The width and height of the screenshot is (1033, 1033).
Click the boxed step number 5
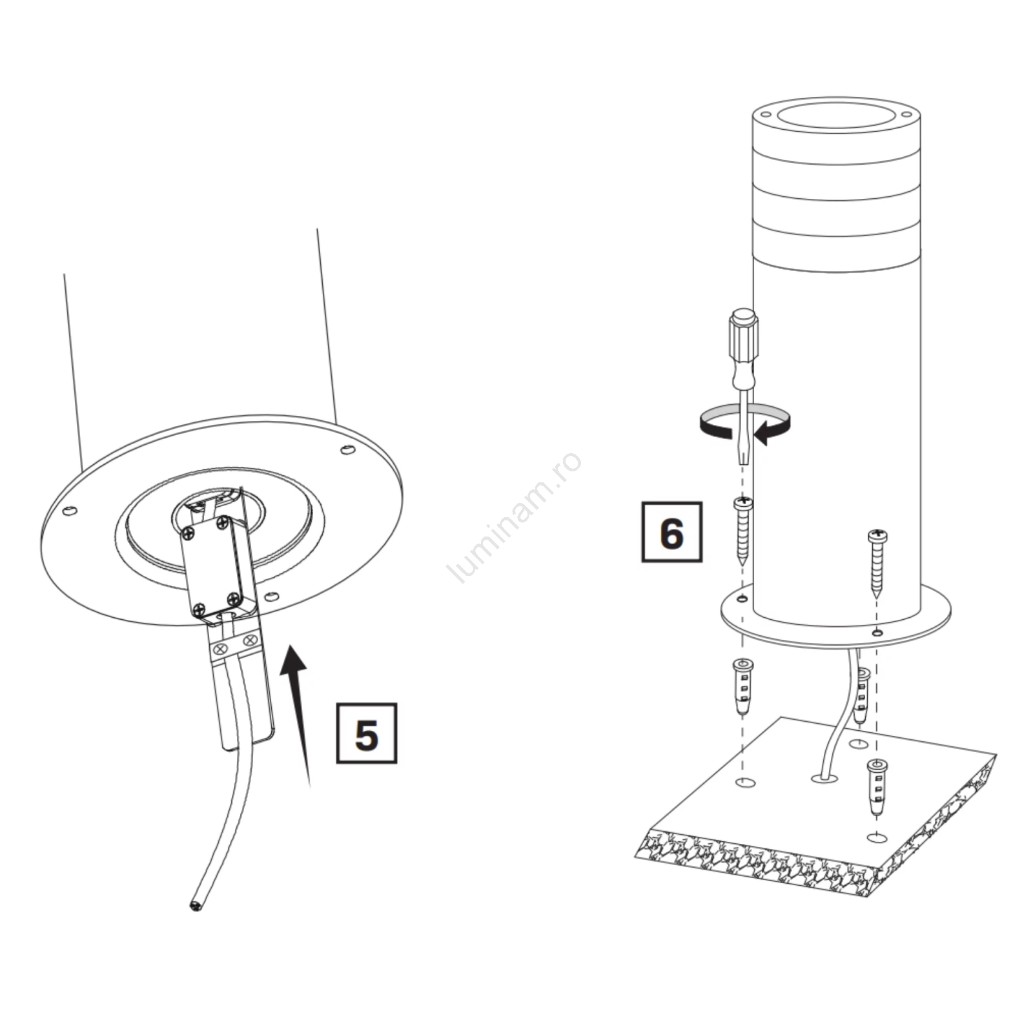point(367,733)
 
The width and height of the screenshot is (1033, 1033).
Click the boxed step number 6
point(671,532)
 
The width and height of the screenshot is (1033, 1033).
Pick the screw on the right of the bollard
point(877,562)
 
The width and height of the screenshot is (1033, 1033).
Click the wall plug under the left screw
point(743,686)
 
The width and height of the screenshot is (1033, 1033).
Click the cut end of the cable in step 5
point(196,906)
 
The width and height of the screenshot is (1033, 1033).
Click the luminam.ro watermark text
point(515,517)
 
